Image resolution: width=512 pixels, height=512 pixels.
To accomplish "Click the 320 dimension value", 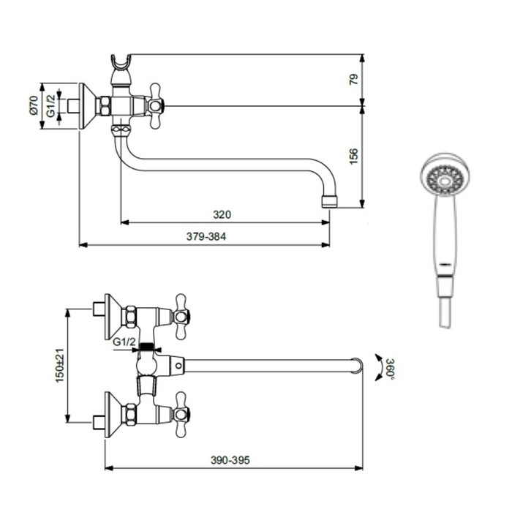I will tap(222, 215).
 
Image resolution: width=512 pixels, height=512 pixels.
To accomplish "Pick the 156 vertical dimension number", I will tap(354, 155).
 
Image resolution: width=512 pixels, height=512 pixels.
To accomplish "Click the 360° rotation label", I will tap(391, 368).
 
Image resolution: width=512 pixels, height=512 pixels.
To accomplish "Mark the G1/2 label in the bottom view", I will tap(125, 342).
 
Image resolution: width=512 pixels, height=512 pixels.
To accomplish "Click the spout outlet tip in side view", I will tap(328, 199).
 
